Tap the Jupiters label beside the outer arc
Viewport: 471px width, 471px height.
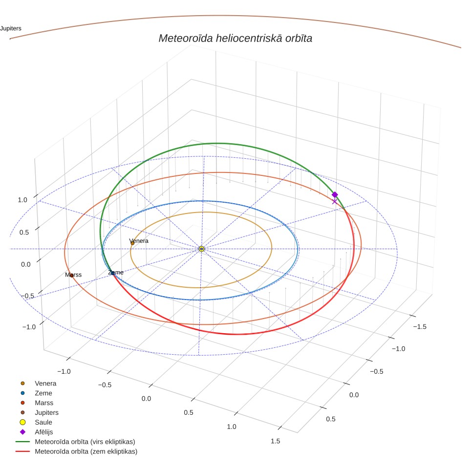11,28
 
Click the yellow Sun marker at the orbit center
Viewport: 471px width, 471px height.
202,249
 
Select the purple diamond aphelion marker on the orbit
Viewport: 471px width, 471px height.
335,194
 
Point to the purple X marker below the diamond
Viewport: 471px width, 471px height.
334,202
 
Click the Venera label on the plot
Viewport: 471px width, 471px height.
139,241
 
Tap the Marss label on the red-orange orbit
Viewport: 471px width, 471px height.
73,275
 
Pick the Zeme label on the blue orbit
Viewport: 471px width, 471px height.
116,273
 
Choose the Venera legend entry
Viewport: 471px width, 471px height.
45,383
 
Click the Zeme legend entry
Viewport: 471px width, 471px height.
43,393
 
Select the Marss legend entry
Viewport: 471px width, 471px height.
44,403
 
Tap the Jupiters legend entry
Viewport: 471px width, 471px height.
46,413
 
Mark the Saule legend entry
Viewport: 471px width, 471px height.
43,422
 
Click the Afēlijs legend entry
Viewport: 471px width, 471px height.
44,432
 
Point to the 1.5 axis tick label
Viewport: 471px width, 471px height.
275,441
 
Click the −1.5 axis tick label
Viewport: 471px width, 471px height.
420,327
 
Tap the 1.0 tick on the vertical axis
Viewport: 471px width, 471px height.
22,200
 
